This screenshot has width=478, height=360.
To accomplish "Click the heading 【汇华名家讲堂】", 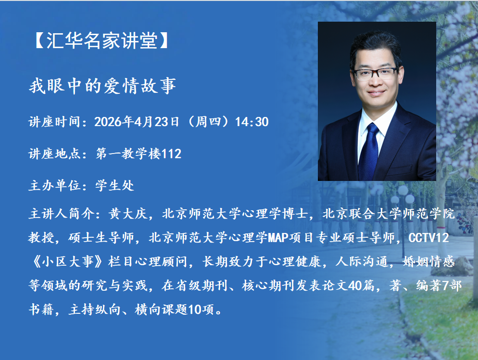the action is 102,40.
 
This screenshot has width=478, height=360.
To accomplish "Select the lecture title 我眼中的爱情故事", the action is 102,86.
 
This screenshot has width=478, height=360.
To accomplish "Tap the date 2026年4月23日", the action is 137,122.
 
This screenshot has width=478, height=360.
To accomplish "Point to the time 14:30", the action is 252,122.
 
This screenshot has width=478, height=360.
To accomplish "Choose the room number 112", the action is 171,154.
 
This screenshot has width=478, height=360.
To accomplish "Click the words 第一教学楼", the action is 128,154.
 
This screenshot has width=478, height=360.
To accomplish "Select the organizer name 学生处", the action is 115,185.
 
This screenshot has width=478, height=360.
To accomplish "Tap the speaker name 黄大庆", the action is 128,214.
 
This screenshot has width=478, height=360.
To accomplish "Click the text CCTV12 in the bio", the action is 428,238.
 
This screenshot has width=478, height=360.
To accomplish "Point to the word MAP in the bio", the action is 278,238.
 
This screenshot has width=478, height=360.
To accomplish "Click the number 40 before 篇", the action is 354,285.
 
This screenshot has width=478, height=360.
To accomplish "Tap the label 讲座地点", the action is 54,154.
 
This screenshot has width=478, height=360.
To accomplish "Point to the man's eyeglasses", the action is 376,74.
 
